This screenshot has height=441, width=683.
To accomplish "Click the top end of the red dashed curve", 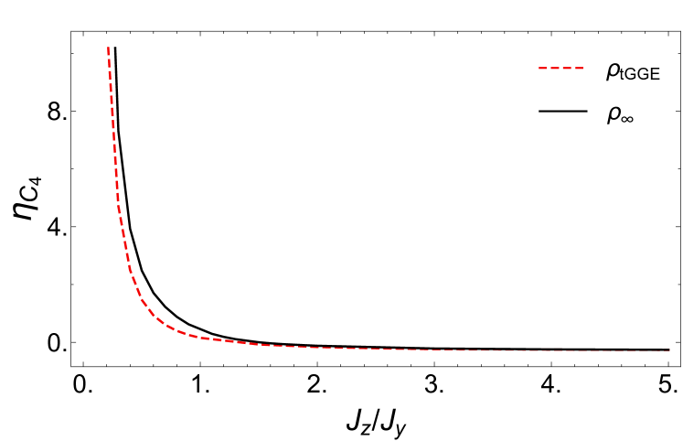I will pyautogui.click(x=108, y=48).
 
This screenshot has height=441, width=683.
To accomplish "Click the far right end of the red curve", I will pyautogui.click(x=669, y=350).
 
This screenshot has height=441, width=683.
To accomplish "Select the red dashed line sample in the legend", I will pyautogui.click(x=560, y=68).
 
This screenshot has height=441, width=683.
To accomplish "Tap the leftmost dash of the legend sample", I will pyautogui.click(x=543, y=68).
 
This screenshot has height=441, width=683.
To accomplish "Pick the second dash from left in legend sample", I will pyautogui.click(x=555, y=68).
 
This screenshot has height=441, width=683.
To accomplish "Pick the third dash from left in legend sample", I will pyautogui.click(x=567, y=68).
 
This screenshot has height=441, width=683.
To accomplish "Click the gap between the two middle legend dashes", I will pyautogui.click(x=560, y=68).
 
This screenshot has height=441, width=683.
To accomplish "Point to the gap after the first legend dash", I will pyautogui.click(x=549, y=68).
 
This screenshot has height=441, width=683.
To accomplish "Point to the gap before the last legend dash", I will pyautogui.click(x=573, y=68).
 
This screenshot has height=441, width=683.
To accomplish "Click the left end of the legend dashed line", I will pyautogui.click(x=539, y=68).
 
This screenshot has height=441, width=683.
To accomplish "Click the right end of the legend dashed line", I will pyautogui.click(x=583, y=68).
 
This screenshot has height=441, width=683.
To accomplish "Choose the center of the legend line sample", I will pyautogui.click(x=560, y=68).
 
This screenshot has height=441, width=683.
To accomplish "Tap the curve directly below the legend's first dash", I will pyautogui.click(x=543, y=350).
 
